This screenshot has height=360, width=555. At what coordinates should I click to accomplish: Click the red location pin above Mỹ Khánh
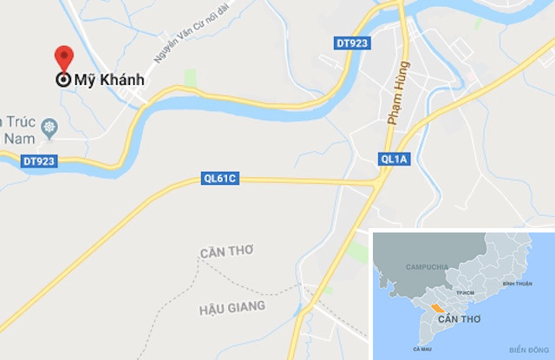[63, 57]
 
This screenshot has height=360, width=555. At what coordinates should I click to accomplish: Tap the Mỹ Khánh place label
[108, 81]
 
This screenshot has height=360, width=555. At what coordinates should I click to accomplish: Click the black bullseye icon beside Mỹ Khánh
[63, 81]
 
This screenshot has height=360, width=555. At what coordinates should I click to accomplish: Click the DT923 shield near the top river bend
[351, 43]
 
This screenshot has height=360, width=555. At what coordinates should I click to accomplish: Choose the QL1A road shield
[394, 159]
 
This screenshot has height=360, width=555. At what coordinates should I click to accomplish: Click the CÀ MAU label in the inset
[423, 349]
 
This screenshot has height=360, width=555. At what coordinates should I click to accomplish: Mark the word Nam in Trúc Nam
[16, 138]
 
